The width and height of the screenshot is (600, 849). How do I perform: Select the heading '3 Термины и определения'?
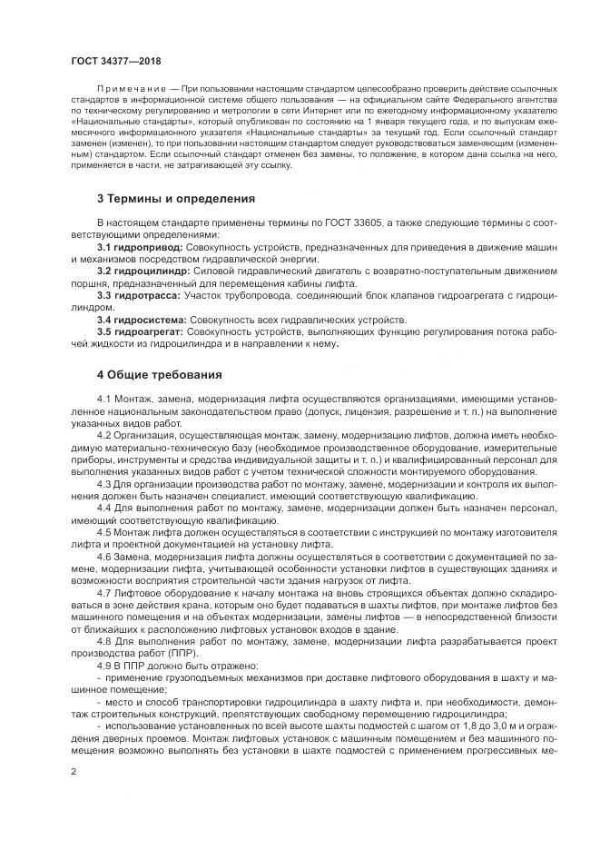click(162, 198)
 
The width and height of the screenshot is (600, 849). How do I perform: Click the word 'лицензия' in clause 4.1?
click(346, 410)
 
